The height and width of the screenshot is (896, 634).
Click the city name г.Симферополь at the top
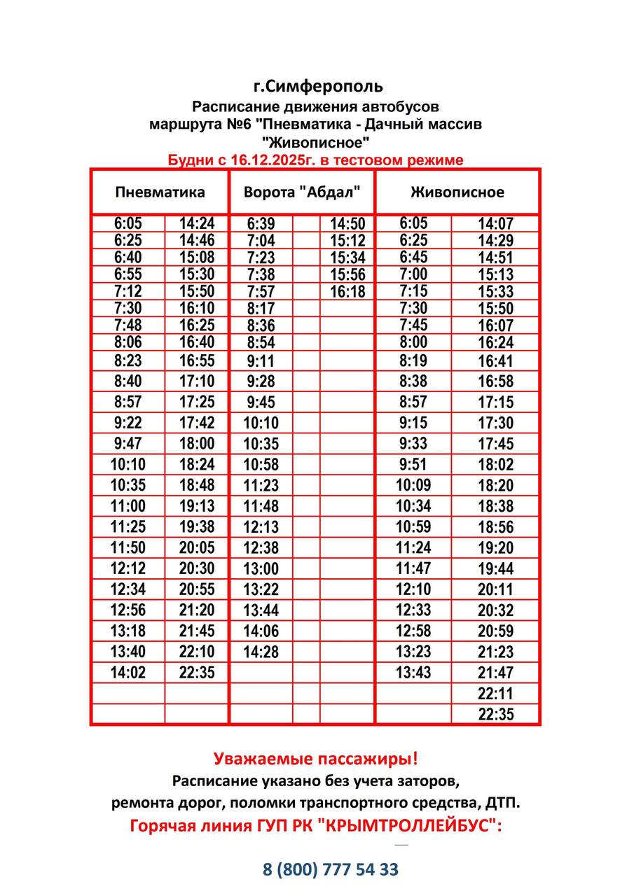click(318, 86)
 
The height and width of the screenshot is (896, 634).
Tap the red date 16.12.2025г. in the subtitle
click(267, 160)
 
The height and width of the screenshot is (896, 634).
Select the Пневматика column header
click(160, 192)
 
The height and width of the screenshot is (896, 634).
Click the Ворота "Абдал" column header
click(302, 192)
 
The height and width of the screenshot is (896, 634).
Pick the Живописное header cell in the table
click(457, 192)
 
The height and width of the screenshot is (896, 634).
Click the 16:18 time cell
click(347, 292)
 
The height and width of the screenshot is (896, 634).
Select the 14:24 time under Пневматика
click(197, 224)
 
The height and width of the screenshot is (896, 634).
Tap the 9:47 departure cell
click(128, 443)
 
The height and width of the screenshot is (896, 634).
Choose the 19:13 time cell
click(197, 506)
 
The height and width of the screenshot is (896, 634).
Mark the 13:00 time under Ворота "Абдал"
click(261, 568)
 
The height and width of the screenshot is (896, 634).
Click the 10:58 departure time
click(261, 464)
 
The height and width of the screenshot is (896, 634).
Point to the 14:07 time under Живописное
click(495, 224)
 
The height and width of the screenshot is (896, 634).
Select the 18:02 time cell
click(495, 464)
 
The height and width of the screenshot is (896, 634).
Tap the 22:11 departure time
click(495, 694)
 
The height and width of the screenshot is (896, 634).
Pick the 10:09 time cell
click(413, 485)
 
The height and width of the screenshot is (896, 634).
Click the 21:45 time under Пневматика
click(197, 631)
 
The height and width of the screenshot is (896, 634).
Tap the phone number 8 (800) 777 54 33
click(331, 869)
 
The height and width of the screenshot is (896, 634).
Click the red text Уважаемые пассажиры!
click(316, 759)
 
